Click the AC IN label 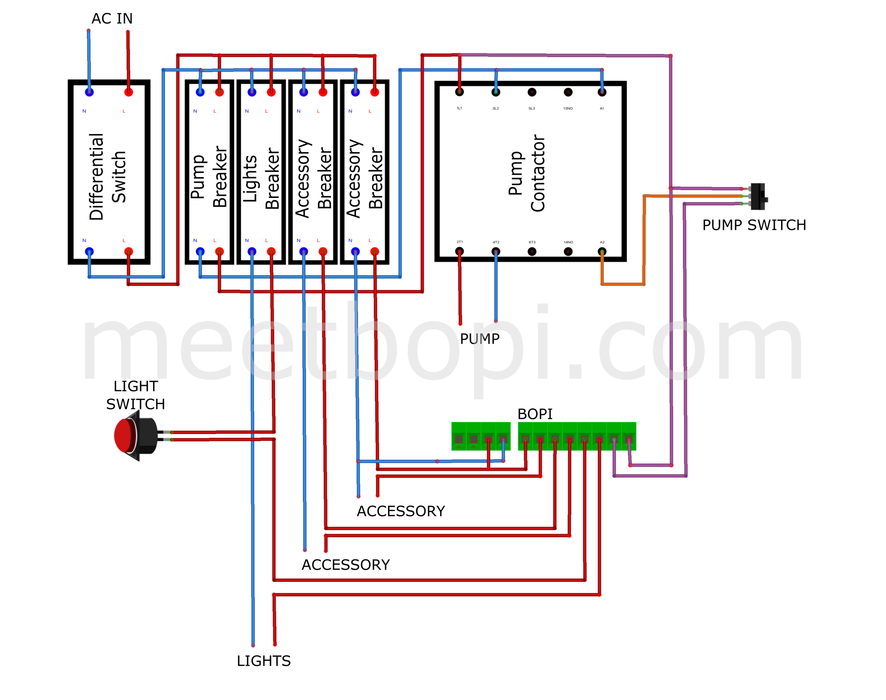pos(111,18)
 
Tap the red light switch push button pos(125,436)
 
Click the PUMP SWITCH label pos(754,225)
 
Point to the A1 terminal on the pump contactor pos(601,92)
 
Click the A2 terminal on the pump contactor pos(601,251)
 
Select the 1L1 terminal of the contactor pos(459,92)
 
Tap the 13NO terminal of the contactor pos(568,92)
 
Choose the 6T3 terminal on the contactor pos(532,251)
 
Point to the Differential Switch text pos(107,176)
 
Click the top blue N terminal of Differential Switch pos(89,92)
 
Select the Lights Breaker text pos(261,178)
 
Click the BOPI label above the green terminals pos(534,414)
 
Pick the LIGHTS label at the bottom pos(263,661)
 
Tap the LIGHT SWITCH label pos(135,395)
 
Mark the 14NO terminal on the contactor pos(568,251)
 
